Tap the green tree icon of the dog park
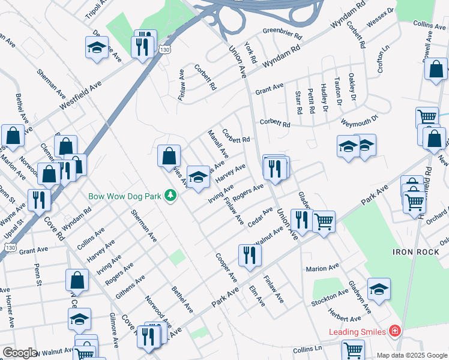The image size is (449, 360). (171, 196)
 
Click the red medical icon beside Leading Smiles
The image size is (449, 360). (394, 331)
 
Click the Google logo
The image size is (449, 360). (20, 353)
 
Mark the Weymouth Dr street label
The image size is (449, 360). (358, 119)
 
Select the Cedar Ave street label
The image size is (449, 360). (260, 217)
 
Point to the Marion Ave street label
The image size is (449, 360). (322, 267)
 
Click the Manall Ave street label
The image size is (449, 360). (217, 143)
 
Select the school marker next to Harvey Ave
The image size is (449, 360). (198, 176)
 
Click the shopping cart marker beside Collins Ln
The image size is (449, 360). (353, 350)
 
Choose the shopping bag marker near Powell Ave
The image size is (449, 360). (436, 68)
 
